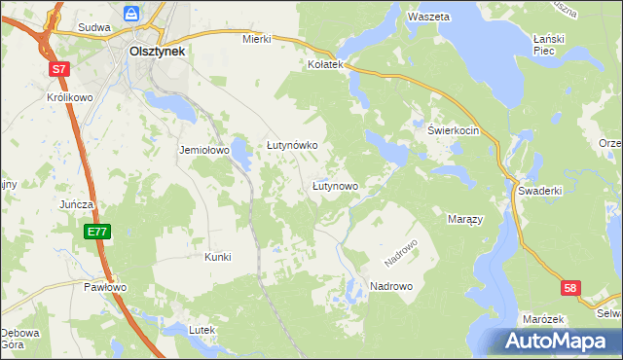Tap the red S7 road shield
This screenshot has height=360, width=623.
60,69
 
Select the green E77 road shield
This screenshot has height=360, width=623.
96,232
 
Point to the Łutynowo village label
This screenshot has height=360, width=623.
335,185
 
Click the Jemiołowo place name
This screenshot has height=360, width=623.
202,151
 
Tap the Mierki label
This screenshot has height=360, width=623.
256,40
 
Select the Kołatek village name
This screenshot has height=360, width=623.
326,64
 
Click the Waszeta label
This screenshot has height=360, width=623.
428,18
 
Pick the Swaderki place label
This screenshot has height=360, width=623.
540,191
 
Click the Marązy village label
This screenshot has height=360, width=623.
464,220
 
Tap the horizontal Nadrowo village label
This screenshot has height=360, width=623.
391,287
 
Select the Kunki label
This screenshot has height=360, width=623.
217,257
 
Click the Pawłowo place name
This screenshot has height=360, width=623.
105,288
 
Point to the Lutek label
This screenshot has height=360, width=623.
202,331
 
